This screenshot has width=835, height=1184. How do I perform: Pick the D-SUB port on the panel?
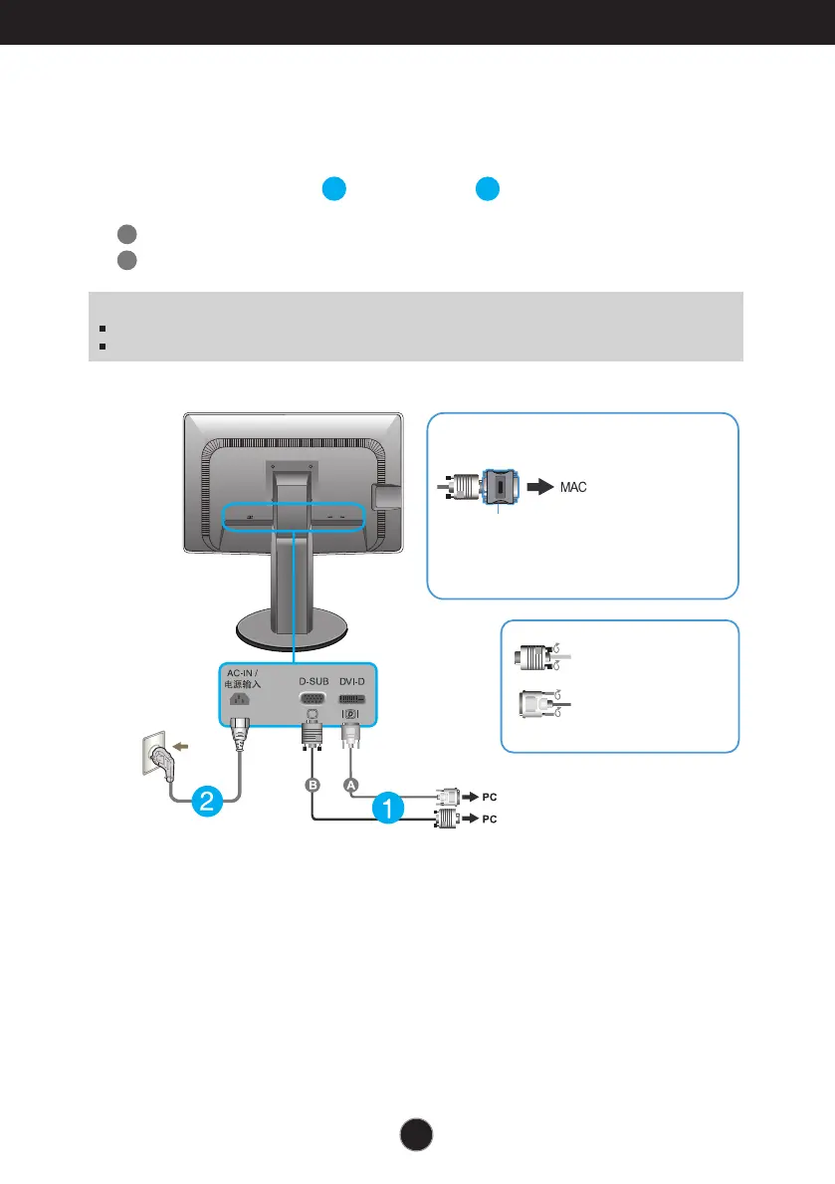point(313,699)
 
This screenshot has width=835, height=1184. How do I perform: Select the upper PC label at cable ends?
point(487,798)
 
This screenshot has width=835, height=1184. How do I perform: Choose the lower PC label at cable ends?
point(487,820)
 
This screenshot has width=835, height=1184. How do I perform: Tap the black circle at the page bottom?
point(417,1136)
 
